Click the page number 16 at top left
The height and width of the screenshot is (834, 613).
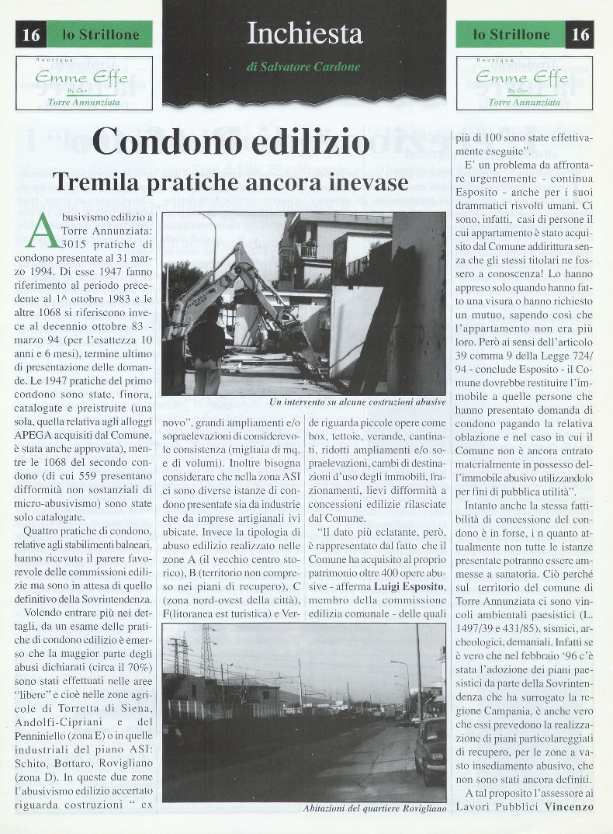click(x=31, y=34)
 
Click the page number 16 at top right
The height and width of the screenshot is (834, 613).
click(x=580, y=34)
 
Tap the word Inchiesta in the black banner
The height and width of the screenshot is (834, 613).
click(x=304, y=33)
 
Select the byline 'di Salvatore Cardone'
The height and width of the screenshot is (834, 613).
click(x=303, y=67)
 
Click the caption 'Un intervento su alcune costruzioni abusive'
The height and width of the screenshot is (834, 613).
click(x=357, y=402)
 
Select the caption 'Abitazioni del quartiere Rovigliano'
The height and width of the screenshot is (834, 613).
click(x=375, y=808)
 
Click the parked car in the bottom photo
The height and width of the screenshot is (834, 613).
click(x=431, y=749)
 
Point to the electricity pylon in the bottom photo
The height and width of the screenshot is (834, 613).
click(x=208, y=652)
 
